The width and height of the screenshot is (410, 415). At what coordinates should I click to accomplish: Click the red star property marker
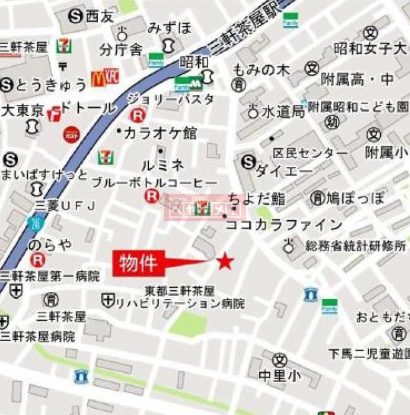click(x=224, y=262)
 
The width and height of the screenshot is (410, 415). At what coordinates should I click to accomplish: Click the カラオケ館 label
click(x=160, y=132)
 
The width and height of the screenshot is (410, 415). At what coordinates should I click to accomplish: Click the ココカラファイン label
click(x=284, y=225)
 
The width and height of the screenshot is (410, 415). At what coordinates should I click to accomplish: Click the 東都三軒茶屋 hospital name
click(x=180, y=290)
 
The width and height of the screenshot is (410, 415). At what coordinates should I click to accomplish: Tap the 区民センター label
click(x=311, y=152)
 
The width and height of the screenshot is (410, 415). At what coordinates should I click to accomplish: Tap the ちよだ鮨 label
click(x=256, y=198)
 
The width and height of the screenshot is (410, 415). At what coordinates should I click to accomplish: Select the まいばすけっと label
click(x=44, y=174)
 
